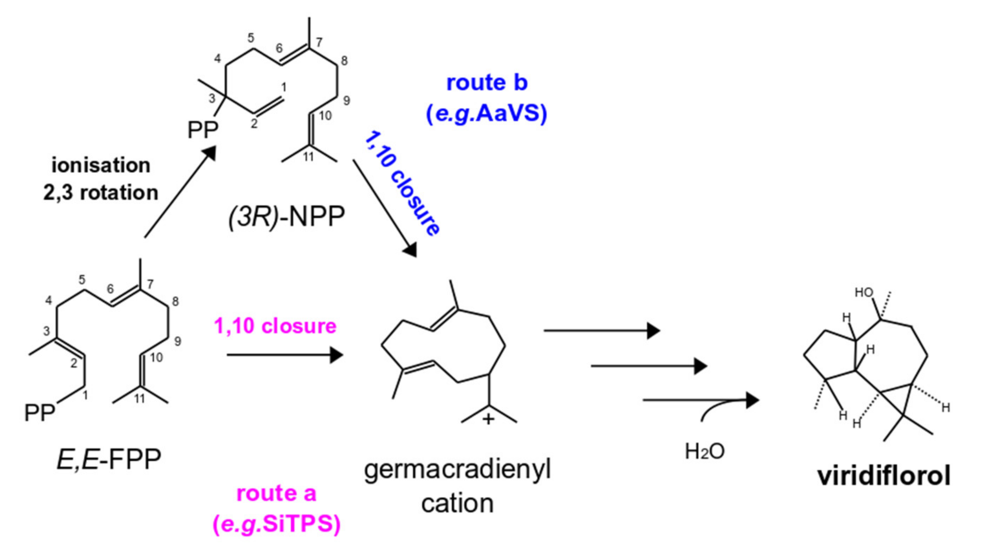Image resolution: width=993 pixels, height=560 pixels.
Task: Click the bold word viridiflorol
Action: pyautogui.click(x=884, y=476)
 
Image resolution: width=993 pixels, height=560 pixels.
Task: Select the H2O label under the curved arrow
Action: pyautogui.click(x=705, y=451)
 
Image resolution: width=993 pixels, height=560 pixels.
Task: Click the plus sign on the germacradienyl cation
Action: pyautogui.click(x=488, y=419)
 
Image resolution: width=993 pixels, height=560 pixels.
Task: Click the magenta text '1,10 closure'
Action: pyautogui.click(x=275, y=326)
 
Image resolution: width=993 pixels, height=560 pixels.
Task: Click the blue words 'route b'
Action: pyautogui.click(x=487, y=83)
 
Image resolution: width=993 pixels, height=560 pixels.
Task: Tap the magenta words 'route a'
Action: pyautogui.click(x=276, y=494)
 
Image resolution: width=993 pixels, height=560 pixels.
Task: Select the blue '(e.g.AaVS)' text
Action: pyautogui.click(x=486, y=114)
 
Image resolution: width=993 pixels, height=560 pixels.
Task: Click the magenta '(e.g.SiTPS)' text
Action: pyautogui.click(x=276, y=524)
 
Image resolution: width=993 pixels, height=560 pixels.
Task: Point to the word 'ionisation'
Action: pyautogui.click(x=101, y=165)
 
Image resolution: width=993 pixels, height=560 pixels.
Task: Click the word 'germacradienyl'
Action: pyautogui.click(x=458, y=470)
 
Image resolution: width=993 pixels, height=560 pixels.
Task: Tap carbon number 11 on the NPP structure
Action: pyautogui.click(x=308, y=157)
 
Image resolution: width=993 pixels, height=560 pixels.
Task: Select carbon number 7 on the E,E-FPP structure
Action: pyautogui.click(x=150, y=284)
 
